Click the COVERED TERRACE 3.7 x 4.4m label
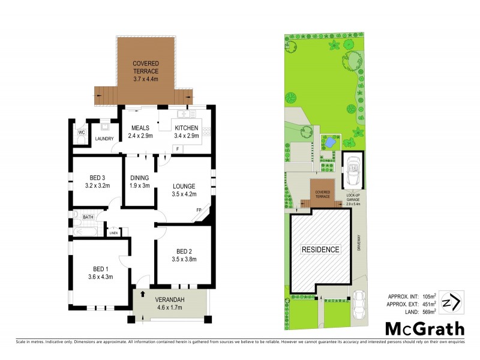tap(145, 71)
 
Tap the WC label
tap(80, 132)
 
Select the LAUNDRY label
tap(104, 139)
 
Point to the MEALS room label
tap(140, 131)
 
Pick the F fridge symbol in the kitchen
tap(162, 148)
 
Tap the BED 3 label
tap(97, 182)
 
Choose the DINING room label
tap(140, 182)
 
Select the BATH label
tap(88, 217)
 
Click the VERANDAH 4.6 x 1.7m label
tap(170, 304)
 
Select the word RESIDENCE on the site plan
tap(320, 249)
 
